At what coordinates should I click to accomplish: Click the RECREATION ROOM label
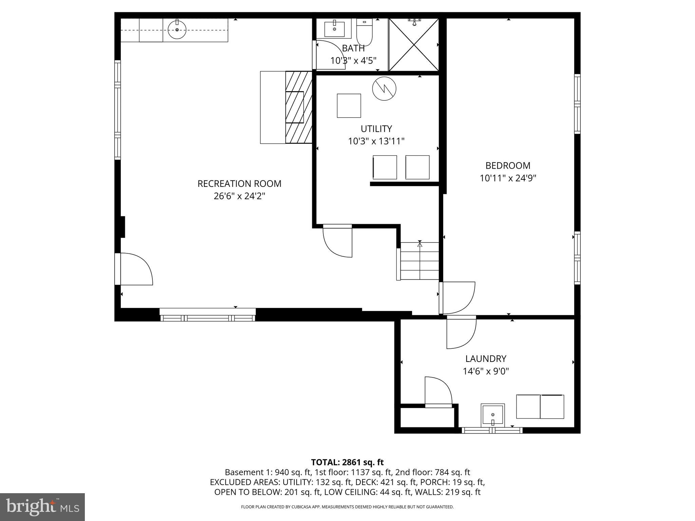(239, 184)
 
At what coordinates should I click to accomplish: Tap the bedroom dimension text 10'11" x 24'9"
(508, 178)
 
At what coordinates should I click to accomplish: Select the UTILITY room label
(376, 129)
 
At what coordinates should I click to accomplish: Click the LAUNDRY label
(486, 359)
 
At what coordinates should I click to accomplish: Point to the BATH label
(353, 48)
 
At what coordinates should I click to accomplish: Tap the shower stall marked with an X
(414, 45)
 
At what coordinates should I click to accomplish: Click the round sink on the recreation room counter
(177, 29)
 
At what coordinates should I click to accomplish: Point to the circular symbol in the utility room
(384, 89)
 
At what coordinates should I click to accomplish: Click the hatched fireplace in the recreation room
(299, 107)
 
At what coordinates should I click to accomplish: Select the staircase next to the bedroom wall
(420, 261)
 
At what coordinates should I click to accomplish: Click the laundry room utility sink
(492, 414)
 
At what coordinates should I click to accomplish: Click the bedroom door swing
(458, 298)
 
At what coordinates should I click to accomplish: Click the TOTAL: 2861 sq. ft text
(347, 462)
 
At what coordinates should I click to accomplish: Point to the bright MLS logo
(42, 507)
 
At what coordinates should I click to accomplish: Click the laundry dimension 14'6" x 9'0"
(486, 371)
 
